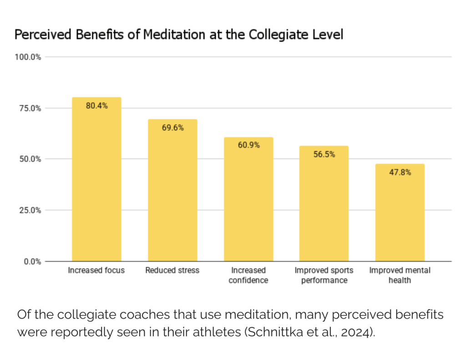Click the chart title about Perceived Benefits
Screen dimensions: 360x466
pos(178,35)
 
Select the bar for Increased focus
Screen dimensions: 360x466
pos(96,182)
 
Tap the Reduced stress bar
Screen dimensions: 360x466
pos(172,191)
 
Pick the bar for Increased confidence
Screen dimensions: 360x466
pos(248,200)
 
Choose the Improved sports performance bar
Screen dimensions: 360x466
pos(324,205)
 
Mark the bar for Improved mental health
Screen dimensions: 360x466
pos(400,214)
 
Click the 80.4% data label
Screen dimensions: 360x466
pos(96,106)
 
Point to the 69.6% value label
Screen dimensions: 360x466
pos(172,128)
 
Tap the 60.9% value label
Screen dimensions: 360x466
pos(248,146)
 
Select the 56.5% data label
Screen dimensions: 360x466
pos(324,154)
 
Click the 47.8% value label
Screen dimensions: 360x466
pos(400,172)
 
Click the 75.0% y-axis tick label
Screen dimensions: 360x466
pos(30,108)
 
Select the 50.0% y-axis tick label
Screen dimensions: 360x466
pos(30,159)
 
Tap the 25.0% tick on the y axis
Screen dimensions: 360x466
pos(30,210)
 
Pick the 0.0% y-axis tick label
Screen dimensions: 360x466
pos(31,261)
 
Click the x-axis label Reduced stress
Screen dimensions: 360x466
pos(172,270)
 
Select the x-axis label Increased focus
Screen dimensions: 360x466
pos(96,270)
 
